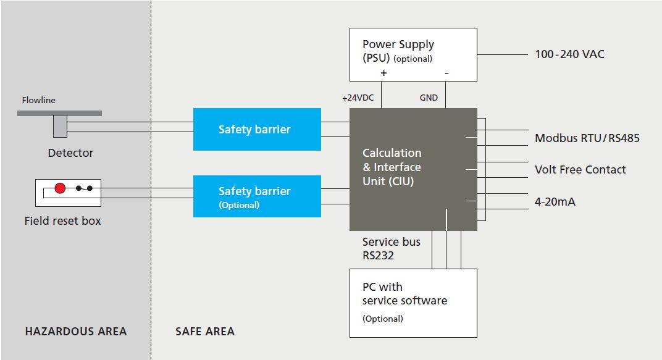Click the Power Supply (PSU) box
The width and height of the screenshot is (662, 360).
coord(413,54)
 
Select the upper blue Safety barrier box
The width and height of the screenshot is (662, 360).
coord(257,129)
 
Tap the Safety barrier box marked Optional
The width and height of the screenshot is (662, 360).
coord(257,196)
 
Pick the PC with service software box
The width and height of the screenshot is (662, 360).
coord(413,303)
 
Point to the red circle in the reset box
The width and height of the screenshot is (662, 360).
coord(60,188)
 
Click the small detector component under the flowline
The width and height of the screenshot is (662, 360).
coord(60,126)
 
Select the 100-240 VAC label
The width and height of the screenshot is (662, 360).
coord(569,54)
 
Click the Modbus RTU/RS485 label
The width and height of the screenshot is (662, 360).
coord(587,138)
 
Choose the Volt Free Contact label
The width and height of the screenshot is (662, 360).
coord(580,169)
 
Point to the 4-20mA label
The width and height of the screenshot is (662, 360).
coord(555,201)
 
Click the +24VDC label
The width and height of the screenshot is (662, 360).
coord(358,98)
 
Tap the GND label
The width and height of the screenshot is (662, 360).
coord(429,98)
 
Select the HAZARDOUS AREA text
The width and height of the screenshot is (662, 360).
coord(76,332)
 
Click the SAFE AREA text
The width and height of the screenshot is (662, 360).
coord(205,332)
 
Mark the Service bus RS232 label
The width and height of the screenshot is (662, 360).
coord(391,248)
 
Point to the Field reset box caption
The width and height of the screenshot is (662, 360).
coord(62,220)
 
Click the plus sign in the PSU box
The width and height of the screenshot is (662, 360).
coord(383,73)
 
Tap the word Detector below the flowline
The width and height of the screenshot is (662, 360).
coord(70,153)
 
